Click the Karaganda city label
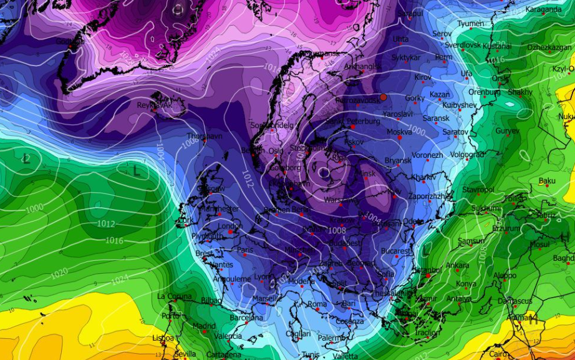pos(543,9)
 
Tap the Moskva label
pos(399,132)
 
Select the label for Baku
pos(546,181)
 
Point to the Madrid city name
pos(204,326)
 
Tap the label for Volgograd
pos(466,154)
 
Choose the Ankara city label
pos(457,265)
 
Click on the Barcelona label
pos(246,317)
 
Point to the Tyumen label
pos(471,24)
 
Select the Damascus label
pos(515,301)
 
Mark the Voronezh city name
pos(427,155)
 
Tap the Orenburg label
pos(485,92)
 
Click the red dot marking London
pos(231,231)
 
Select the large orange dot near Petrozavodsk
pos(384,97)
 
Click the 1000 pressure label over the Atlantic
pos(34,208)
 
